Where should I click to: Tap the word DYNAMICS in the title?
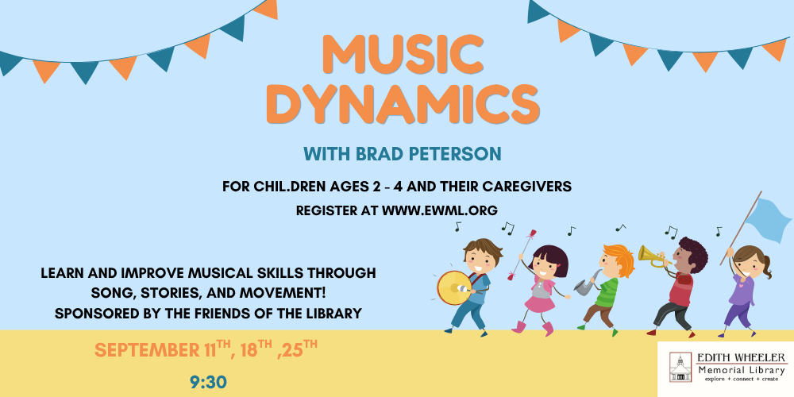[403, 106]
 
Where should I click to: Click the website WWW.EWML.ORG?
[440, 210]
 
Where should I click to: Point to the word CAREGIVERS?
[526, 187]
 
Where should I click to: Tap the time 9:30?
[209, 383]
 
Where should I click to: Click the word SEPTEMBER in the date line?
[145, 350]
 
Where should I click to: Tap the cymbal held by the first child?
[454, 287]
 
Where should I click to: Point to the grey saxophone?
[587, 283]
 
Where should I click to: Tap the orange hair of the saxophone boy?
[620, 258]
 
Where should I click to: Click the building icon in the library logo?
[680, 367]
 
